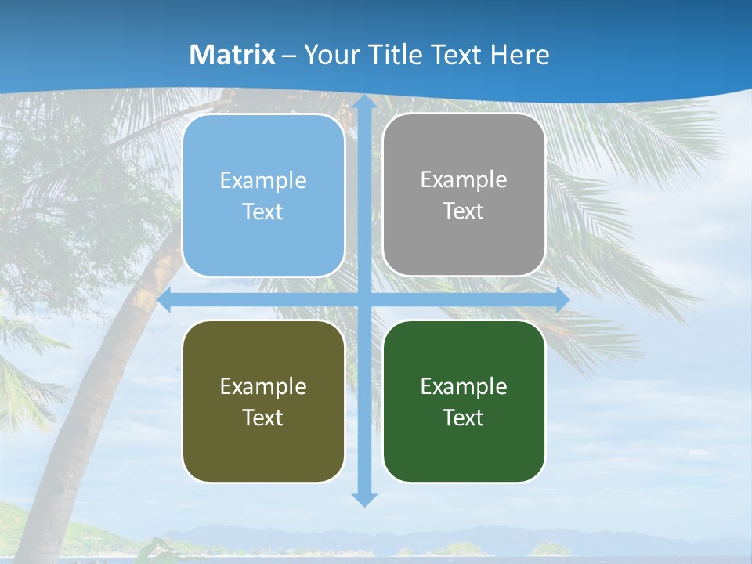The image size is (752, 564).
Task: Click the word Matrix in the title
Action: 233,55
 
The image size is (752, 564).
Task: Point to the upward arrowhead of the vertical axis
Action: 363,103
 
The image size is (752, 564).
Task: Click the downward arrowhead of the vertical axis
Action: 363,499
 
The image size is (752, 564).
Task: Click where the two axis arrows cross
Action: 363,300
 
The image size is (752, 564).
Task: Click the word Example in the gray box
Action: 464,179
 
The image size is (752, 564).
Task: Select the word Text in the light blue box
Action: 263,211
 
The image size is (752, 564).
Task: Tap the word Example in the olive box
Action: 263,386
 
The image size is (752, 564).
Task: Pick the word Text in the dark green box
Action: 464,418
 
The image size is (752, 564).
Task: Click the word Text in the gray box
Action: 464,211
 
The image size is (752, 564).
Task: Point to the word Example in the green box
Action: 464,386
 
